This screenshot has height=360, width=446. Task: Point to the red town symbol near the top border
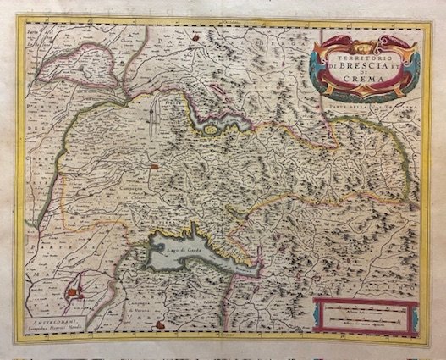(196, 36)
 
